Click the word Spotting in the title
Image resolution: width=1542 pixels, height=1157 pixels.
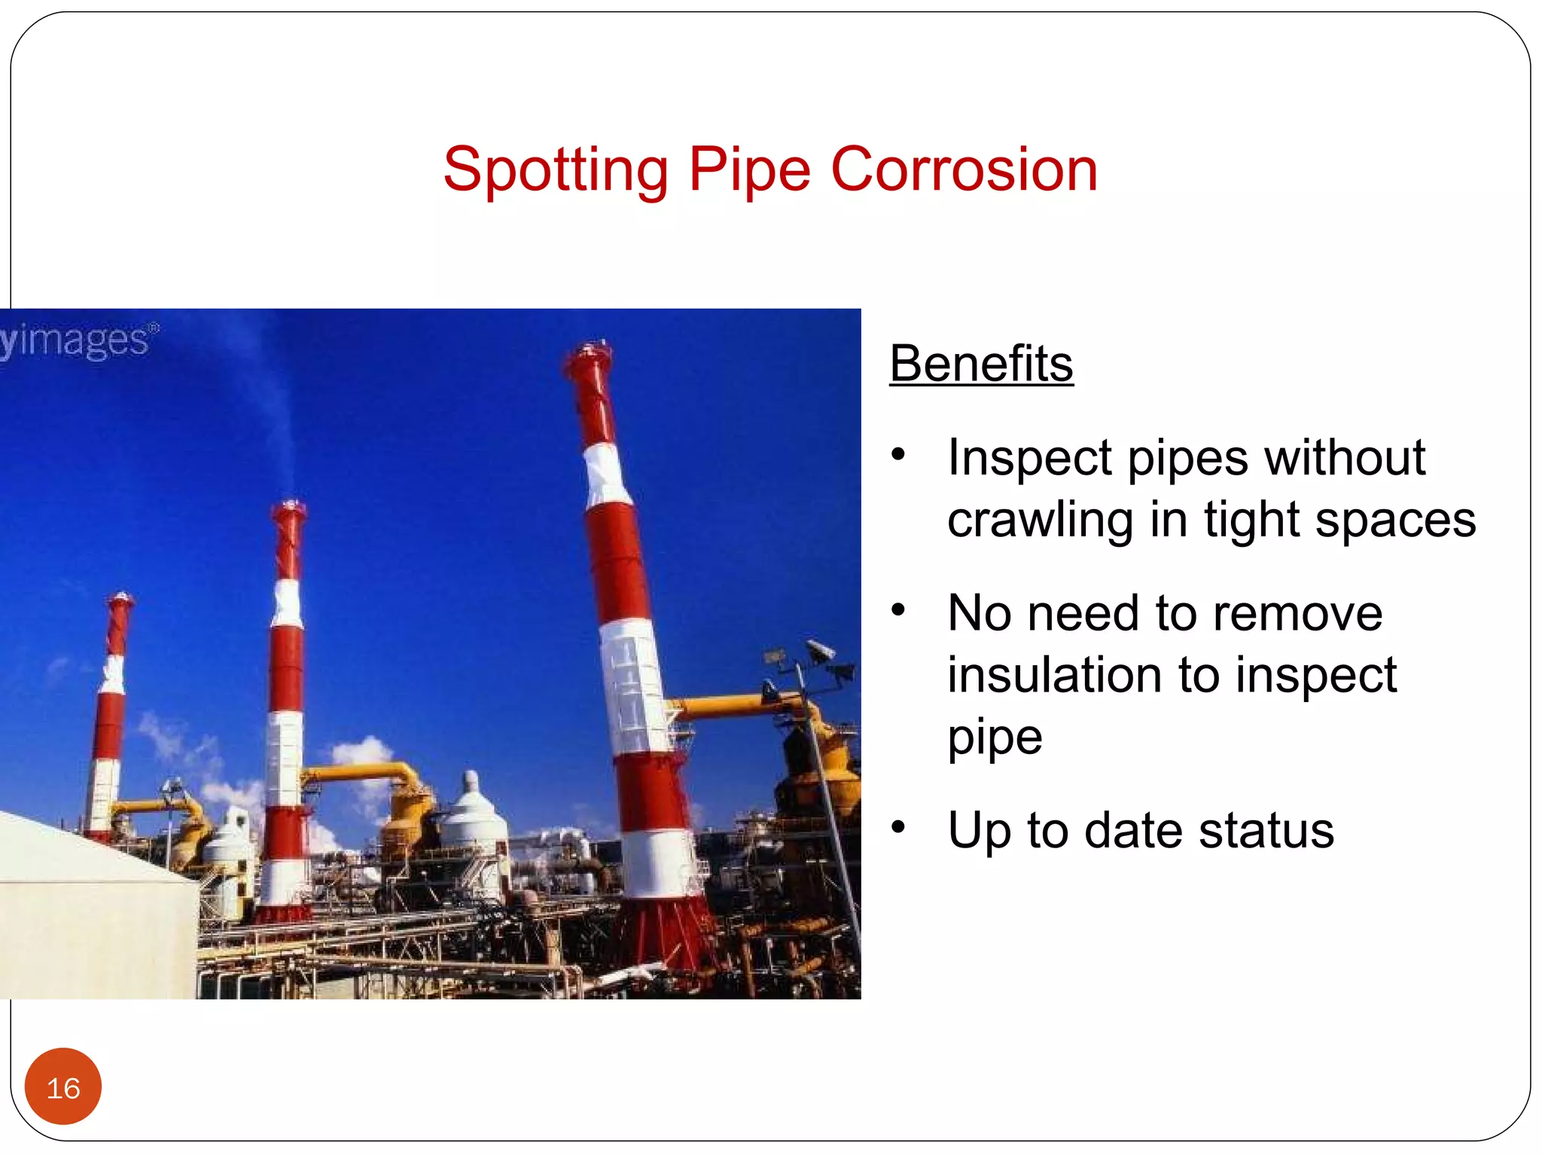pos(555,170)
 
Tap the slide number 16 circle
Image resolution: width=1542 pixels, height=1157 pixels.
pos(63,1087)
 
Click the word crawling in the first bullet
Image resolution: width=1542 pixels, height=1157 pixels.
pos(1040,520)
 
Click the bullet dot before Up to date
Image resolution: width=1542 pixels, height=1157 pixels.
pos(897,827)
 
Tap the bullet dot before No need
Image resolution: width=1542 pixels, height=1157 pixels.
pos(897,609)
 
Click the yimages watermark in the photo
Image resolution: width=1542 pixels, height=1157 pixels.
pos(79,340)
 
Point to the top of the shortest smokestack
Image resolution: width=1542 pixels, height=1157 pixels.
pos(120,600)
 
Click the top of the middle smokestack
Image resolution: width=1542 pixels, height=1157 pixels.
pos(290,510)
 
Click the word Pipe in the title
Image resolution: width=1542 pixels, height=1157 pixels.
pos(749,170)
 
